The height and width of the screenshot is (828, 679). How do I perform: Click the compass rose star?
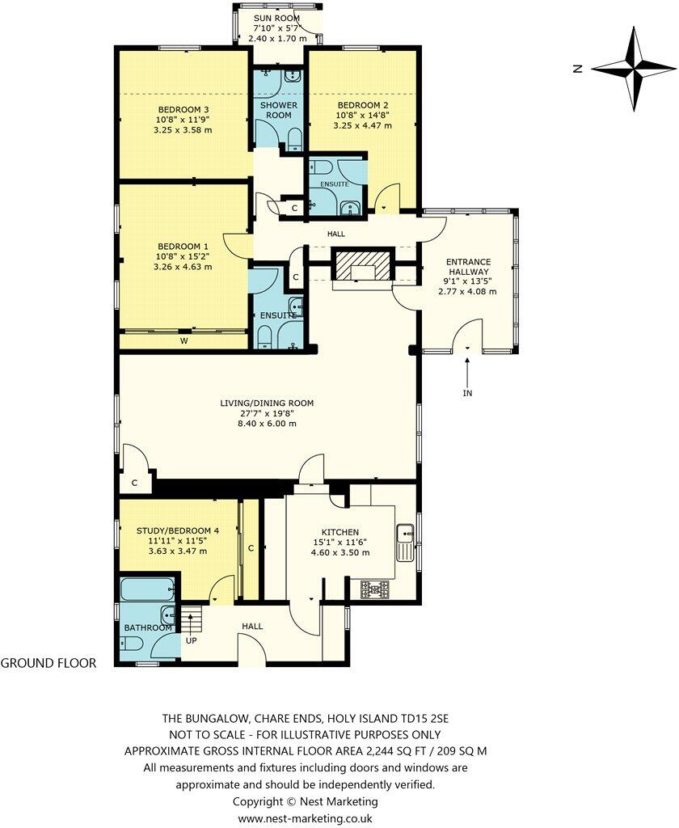pyautogui.click(x=634, y=69)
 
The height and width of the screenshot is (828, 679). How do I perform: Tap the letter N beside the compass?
pyautogui.click(x=578, y=69)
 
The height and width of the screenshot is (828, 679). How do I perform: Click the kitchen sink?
pyautogui.click(x=406, y=543)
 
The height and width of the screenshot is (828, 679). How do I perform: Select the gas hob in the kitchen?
pyautogui.click(x=375, y=589)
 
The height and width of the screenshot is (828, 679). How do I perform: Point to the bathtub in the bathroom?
pyautogui.click(x=147, y=589)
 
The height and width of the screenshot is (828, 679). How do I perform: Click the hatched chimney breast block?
pyautogui.click(x=362, y=264)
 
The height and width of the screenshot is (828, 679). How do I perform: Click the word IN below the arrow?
pyautogui.click(x=467, y=393)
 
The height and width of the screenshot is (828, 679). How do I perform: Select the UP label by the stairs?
pyautogui.click(x=191, y=640)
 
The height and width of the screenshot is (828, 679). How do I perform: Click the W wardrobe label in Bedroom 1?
pyautogui.click(x=183, y=341)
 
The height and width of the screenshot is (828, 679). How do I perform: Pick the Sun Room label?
pyautogui.click(x=276, y=18)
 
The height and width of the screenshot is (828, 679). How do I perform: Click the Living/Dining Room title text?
pyautogui.click(x=267, y=403)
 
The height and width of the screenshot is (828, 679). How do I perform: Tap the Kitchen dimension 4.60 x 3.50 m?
pyautogui.click(x=340, y=552)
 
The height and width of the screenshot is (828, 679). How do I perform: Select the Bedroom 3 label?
pyautogui.click(x=183, y=109)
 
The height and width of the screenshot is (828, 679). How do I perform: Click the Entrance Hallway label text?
pyautogui.click(x=468, y=267)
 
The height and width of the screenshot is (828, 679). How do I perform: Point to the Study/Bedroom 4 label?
pyautogui.click(x=177, y=530)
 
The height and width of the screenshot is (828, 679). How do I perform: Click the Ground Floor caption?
pyautogui.click(x=48, y=663)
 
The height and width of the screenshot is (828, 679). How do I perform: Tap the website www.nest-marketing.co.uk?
pyautogui.click(x=306, y=818)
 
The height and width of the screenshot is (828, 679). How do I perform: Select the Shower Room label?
pyautogui.click(x=279, y=110)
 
